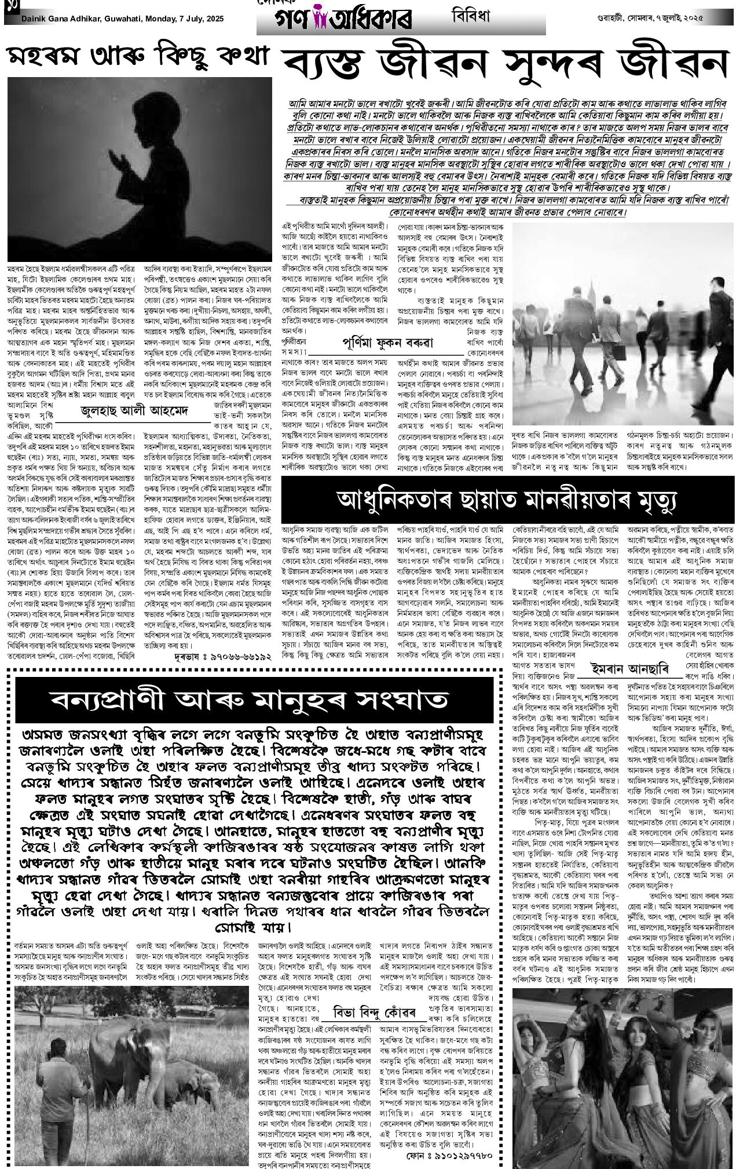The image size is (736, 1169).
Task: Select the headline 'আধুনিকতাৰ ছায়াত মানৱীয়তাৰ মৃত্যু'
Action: click(506, 499)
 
